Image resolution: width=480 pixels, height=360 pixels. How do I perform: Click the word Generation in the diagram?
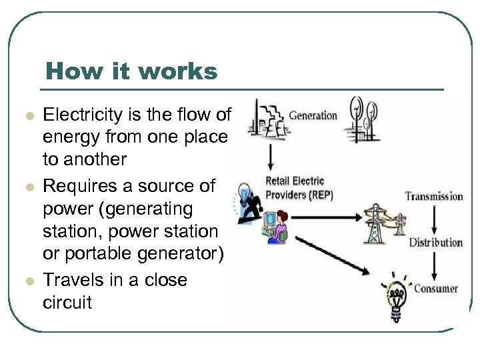coord(313,115)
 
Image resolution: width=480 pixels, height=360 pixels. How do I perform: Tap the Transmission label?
coord(434,196)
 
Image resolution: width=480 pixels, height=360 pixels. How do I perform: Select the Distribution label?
coord(435,242)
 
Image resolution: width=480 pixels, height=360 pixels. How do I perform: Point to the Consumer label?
coord(436,289)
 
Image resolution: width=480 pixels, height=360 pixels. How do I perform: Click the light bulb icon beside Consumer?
coord(396,297)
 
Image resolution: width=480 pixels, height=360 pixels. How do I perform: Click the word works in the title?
coord(183,71)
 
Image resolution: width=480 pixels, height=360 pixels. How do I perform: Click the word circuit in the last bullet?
coord(67,303)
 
